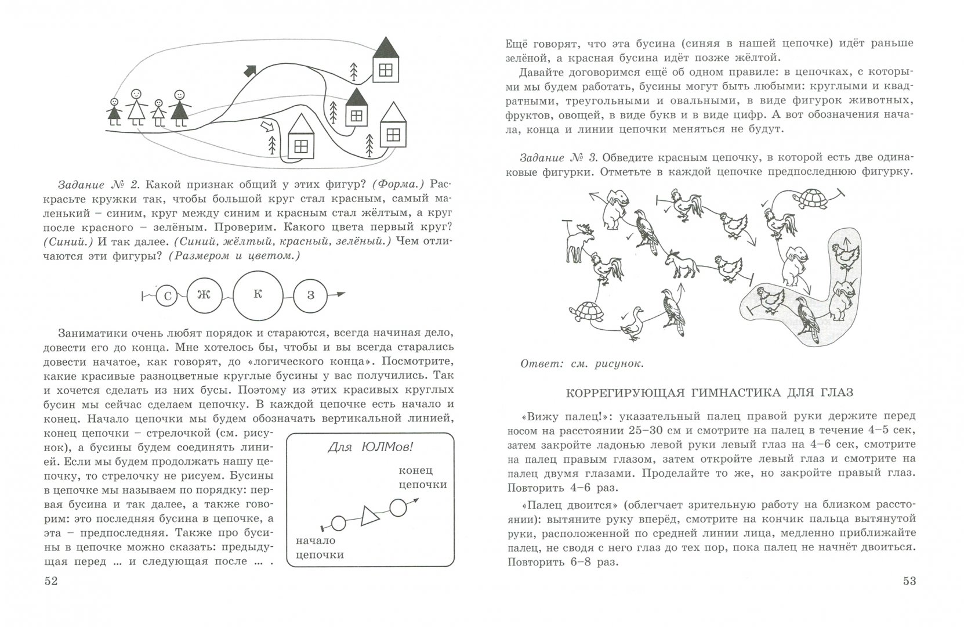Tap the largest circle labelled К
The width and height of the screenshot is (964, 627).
point(258,294)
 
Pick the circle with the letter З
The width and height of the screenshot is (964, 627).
point(311,296)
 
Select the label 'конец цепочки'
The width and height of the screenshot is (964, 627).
point(423,477)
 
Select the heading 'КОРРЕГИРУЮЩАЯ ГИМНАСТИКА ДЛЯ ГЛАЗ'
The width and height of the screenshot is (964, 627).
point(709,393)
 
